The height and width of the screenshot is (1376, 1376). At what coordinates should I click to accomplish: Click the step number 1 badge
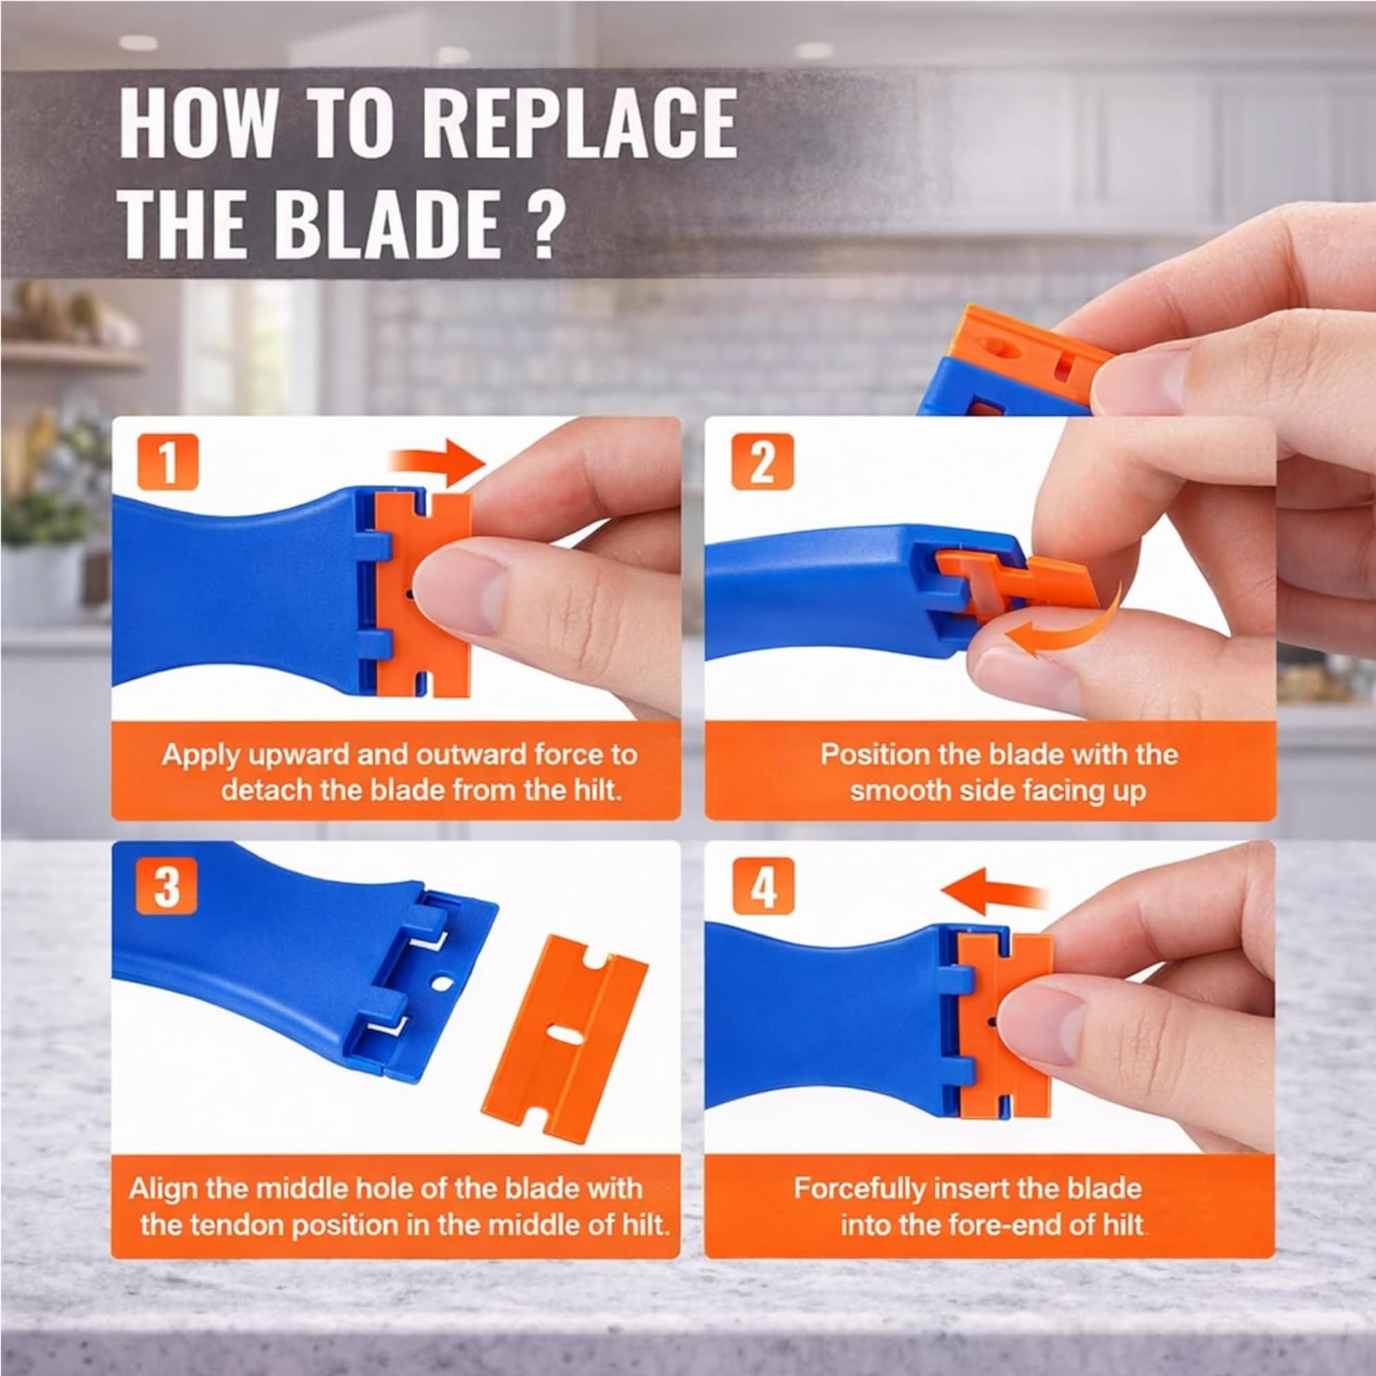pyautogui.click(x=168, y=462)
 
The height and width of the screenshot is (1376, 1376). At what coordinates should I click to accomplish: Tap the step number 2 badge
pyautogui.click(x=762, y=462)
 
